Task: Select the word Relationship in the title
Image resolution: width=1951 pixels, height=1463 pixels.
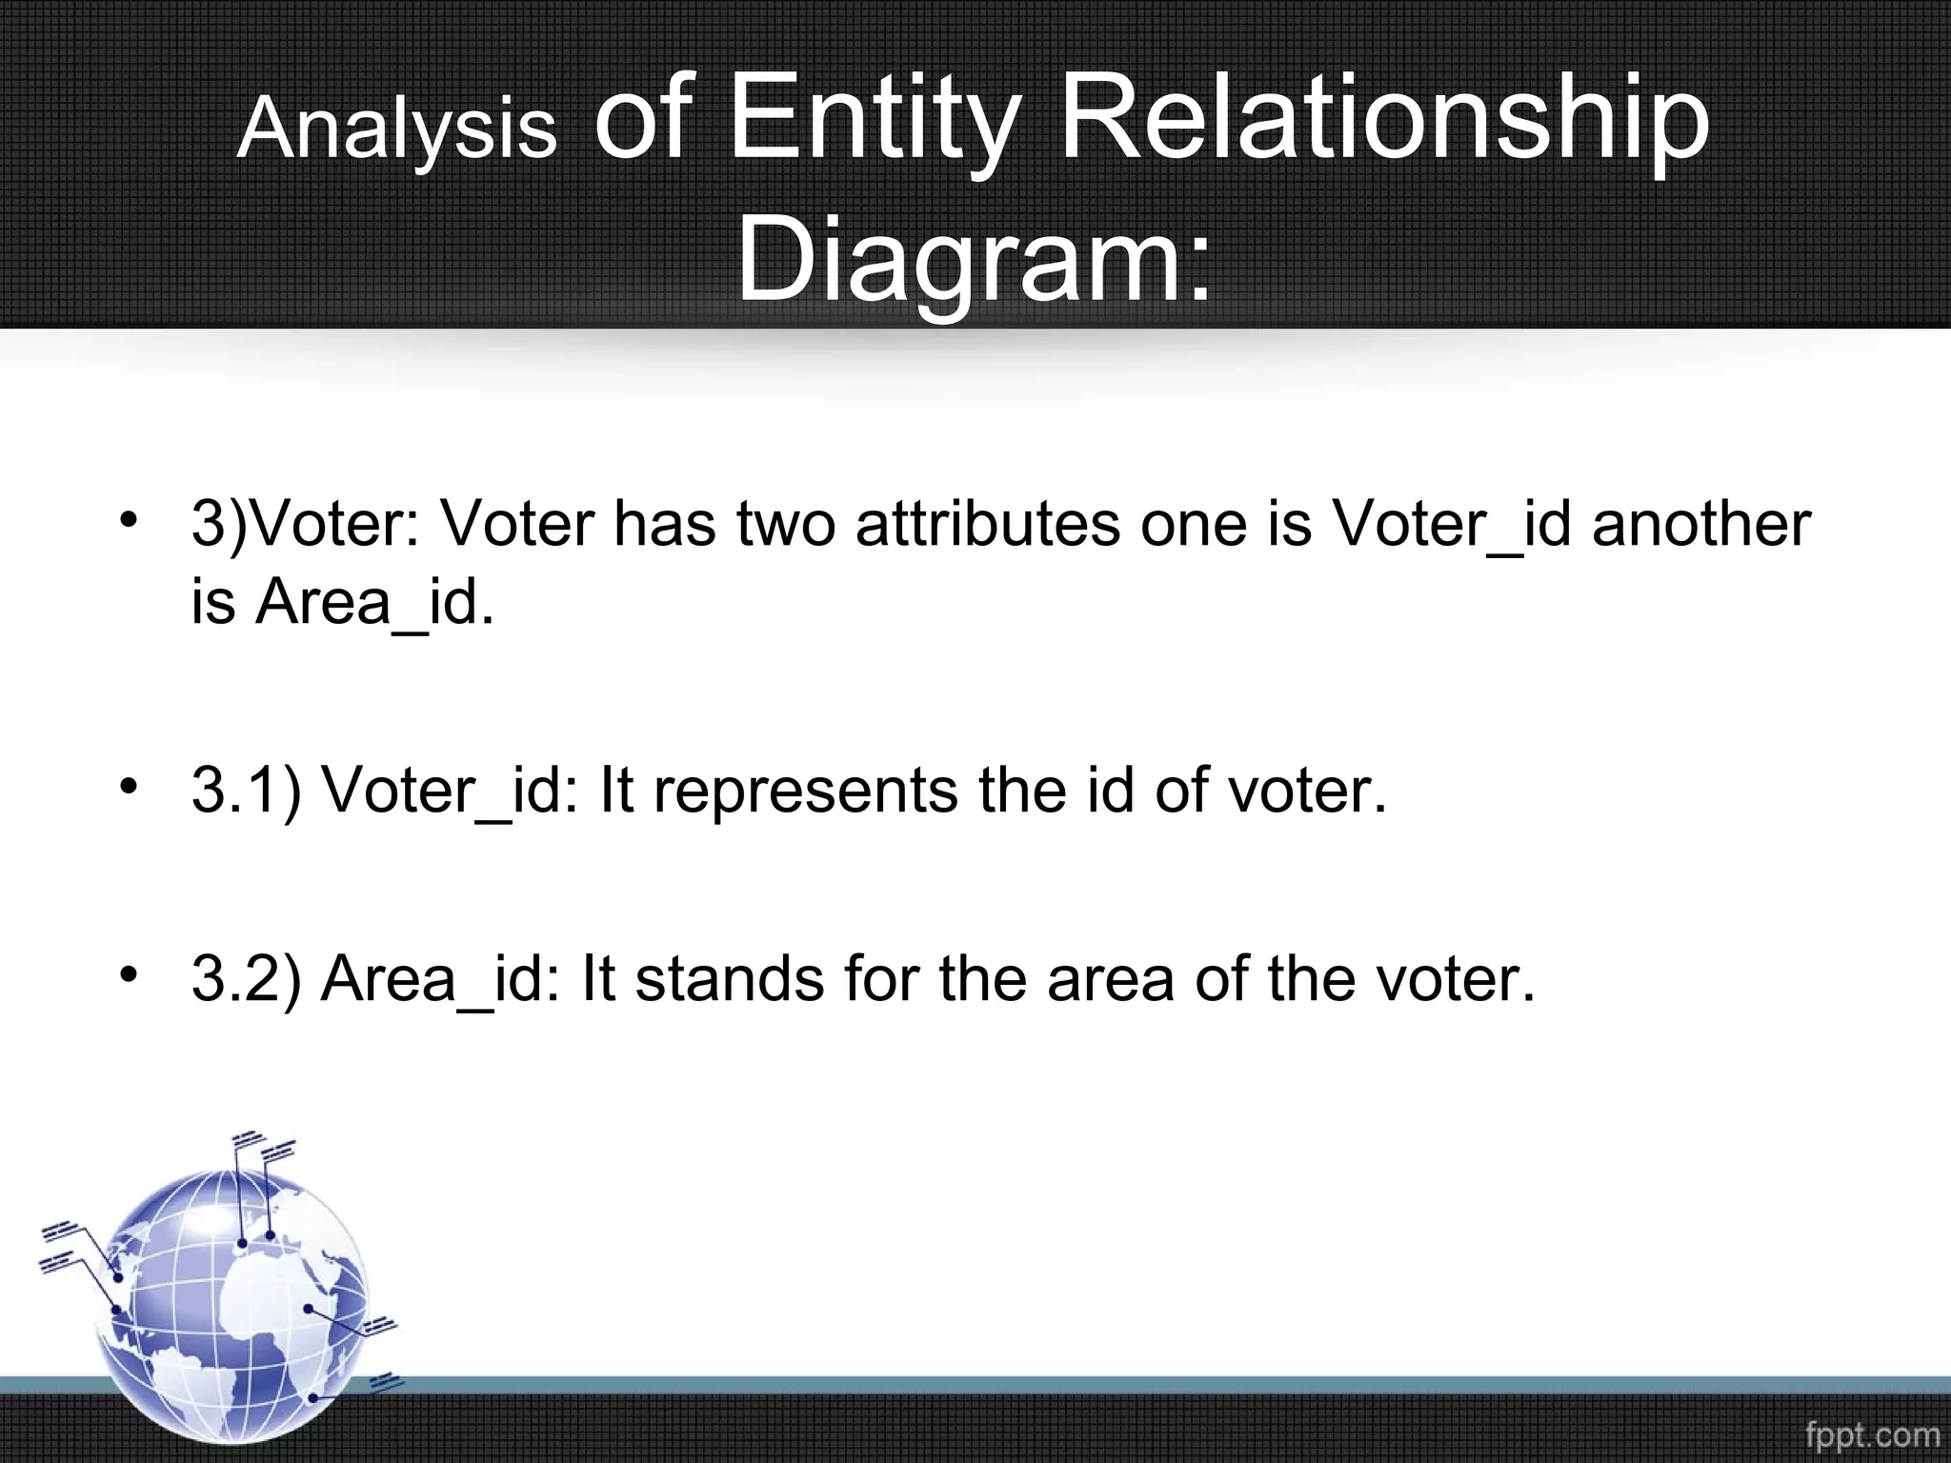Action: [1384, 121]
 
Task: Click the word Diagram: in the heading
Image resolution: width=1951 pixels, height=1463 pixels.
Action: [974, 258]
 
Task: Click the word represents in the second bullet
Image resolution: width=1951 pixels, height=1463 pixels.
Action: [805, 790]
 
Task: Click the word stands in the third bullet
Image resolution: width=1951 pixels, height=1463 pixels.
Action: [729, 978]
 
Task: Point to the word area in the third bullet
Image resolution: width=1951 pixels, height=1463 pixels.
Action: [1110, 978]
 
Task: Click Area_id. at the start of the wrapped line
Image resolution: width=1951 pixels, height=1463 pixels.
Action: [375, 603]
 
